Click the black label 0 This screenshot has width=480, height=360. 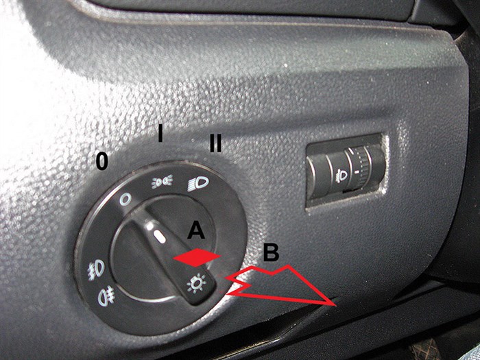click(x=102, y=161)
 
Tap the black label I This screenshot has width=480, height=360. click(x=160, y=134)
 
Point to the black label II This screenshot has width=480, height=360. click(x=215, y=143)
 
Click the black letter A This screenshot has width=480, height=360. click(x=196, y=230)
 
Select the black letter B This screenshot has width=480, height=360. click(x=272, y=253)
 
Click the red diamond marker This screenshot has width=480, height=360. click(x=197, y=257)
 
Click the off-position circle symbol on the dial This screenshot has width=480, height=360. click(x=125, y=200)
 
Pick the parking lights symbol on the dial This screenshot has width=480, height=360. click(x=163, y=181)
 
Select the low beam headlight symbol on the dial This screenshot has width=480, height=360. click(x=198, y=184)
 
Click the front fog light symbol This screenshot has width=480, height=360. click(x=97, y=269)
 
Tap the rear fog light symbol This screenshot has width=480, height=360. click(x=106, y=296)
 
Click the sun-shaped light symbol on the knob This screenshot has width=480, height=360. click(x=196, y=283)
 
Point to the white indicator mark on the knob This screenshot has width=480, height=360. click(x=159, y=237)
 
